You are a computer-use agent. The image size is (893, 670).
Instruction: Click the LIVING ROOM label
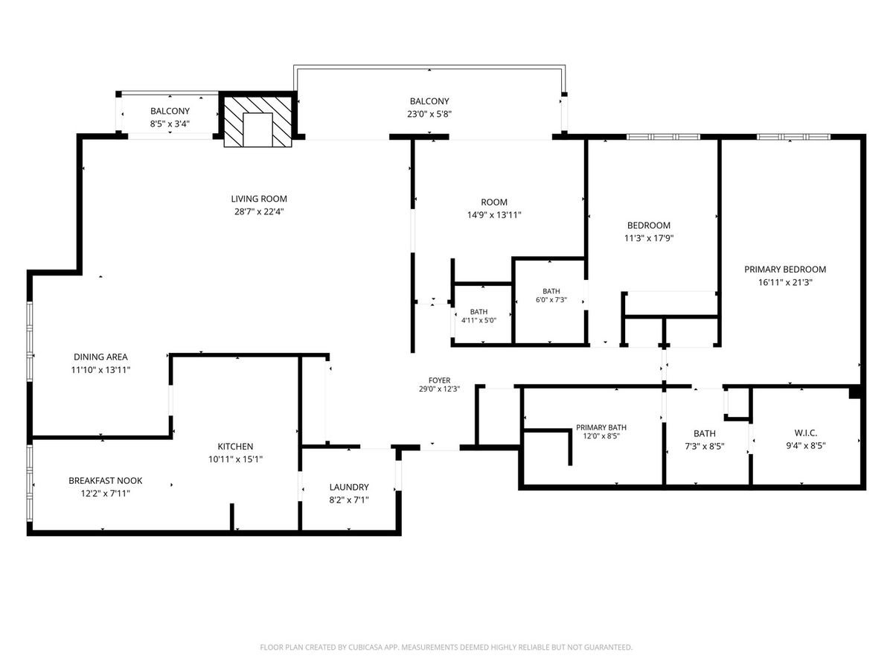pyautogui.click(x=259, y=199)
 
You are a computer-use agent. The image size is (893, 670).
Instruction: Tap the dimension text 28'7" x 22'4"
pyautogui.click(x=259, y=211)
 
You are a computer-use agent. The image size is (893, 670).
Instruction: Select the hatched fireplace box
pyautogui.click(x=258, y=121)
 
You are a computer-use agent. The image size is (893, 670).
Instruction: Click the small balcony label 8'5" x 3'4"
pyautogui.click(x=170, y=124)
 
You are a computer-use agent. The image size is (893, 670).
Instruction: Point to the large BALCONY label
pyautogui.click(x=429, y=101)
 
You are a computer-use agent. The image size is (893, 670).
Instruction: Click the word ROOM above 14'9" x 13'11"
pyautogui.click(x=494, y=202)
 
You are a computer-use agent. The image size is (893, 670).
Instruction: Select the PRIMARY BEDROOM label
pyautogui.click(x=785, y=269)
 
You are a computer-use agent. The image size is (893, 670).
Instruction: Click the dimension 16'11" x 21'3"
pyautogui.click(x=785, y=282)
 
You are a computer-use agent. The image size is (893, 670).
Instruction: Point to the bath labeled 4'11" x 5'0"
pyautogui.click(x=478, y=316)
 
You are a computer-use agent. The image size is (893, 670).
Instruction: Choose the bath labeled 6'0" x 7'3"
pyautogui.click(x=551, y=296)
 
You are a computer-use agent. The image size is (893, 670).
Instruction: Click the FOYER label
pyautogui.click(x=439, y=380)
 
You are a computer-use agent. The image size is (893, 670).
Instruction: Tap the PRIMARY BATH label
pyautogui.click(x=601, y=427)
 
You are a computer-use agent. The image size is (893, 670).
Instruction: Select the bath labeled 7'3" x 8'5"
pyautogui.click(x=704, y=440)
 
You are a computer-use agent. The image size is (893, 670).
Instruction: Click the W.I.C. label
pyautogui.click(x=805, y=433)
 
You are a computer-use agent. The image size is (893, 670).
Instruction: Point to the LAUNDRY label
pyautogui.click(x=349, y=487)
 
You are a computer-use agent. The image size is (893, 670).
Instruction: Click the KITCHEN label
pyautogui.click(x=235, y=446)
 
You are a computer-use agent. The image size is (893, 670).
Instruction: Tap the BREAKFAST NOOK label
pyautogui.click(x=106, y=480)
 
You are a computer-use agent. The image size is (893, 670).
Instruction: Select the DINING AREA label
pyautogui.click(x=100, y=357)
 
